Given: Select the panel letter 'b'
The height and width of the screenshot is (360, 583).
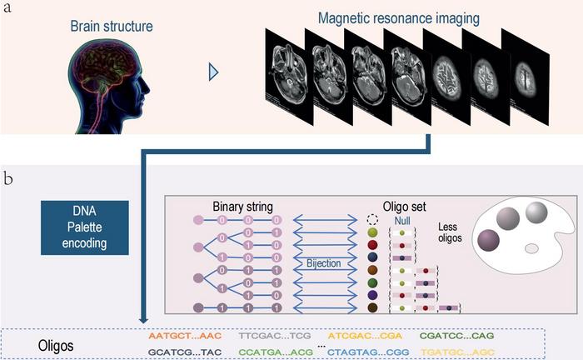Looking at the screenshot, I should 8,178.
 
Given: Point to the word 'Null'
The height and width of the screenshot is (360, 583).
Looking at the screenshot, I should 402,219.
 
